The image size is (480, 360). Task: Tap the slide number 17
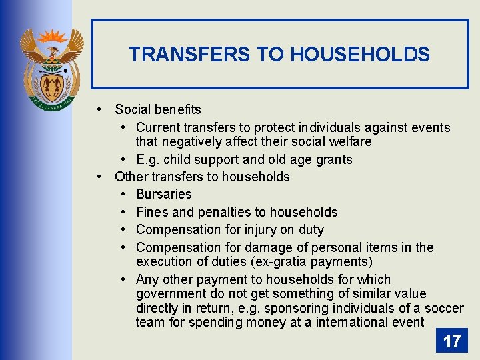pos(451,341)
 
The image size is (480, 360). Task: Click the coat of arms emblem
pos(51,67)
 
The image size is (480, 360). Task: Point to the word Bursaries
pos(163,194)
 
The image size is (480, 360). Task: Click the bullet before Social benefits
pos(98,109)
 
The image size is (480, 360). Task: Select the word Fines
pos(151,212)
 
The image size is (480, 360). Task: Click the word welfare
pos(348,142)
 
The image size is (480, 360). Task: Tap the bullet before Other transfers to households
pos(98,177)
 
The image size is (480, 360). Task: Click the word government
pos(170,294)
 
